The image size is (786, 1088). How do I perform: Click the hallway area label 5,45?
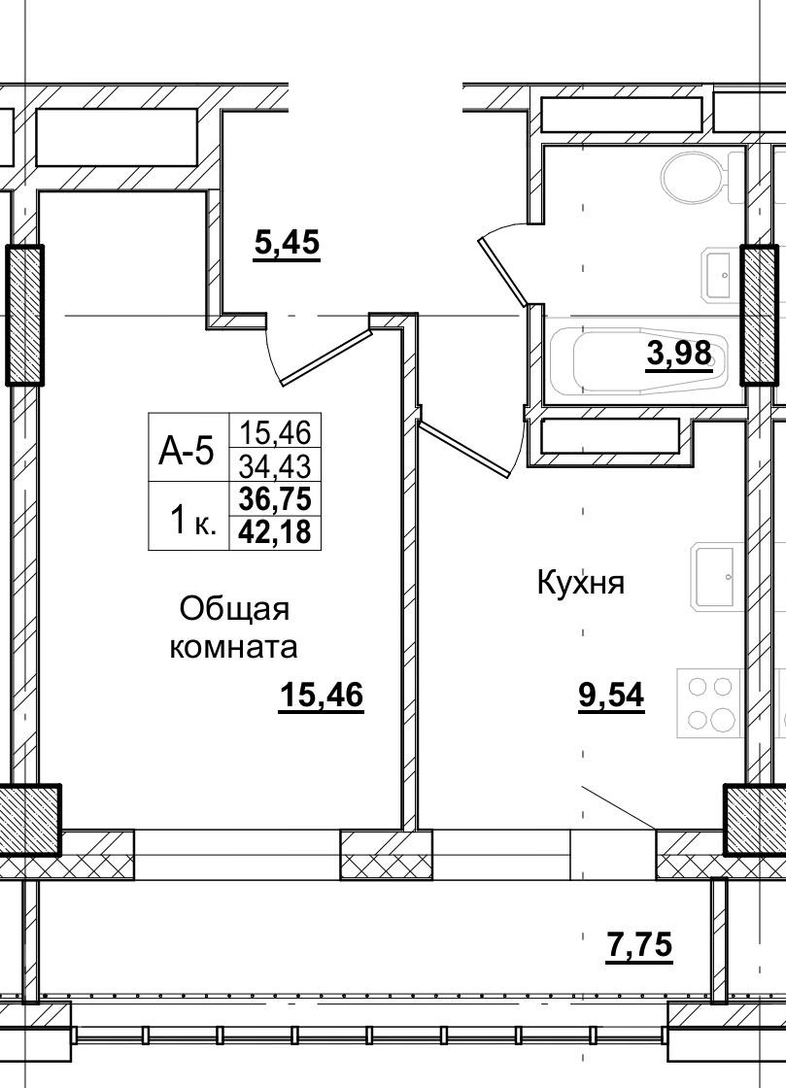287,242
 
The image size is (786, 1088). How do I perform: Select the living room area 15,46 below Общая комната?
321,696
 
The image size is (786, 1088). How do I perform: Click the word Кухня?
580,583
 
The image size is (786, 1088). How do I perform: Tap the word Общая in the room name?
234,609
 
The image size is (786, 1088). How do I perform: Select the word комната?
233,646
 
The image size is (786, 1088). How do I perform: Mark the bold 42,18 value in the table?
274,532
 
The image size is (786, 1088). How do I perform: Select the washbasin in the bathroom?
719,275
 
